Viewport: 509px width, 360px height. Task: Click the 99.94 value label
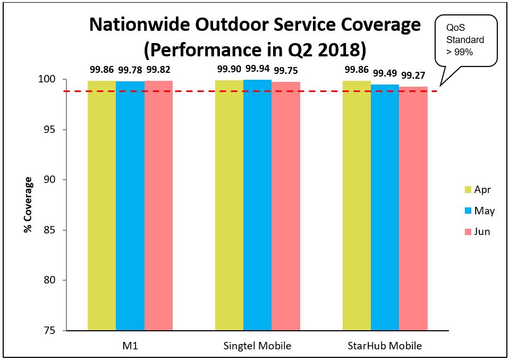point(258,70)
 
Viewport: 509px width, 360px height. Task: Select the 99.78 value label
point(130,70)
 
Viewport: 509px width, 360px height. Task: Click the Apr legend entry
point(477,190)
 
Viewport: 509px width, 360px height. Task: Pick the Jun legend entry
point(477,231)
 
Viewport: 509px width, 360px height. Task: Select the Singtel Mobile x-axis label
point(257,346)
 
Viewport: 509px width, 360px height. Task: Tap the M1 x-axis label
point(130,346)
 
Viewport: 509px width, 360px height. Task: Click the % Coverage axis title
point(28,205)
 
